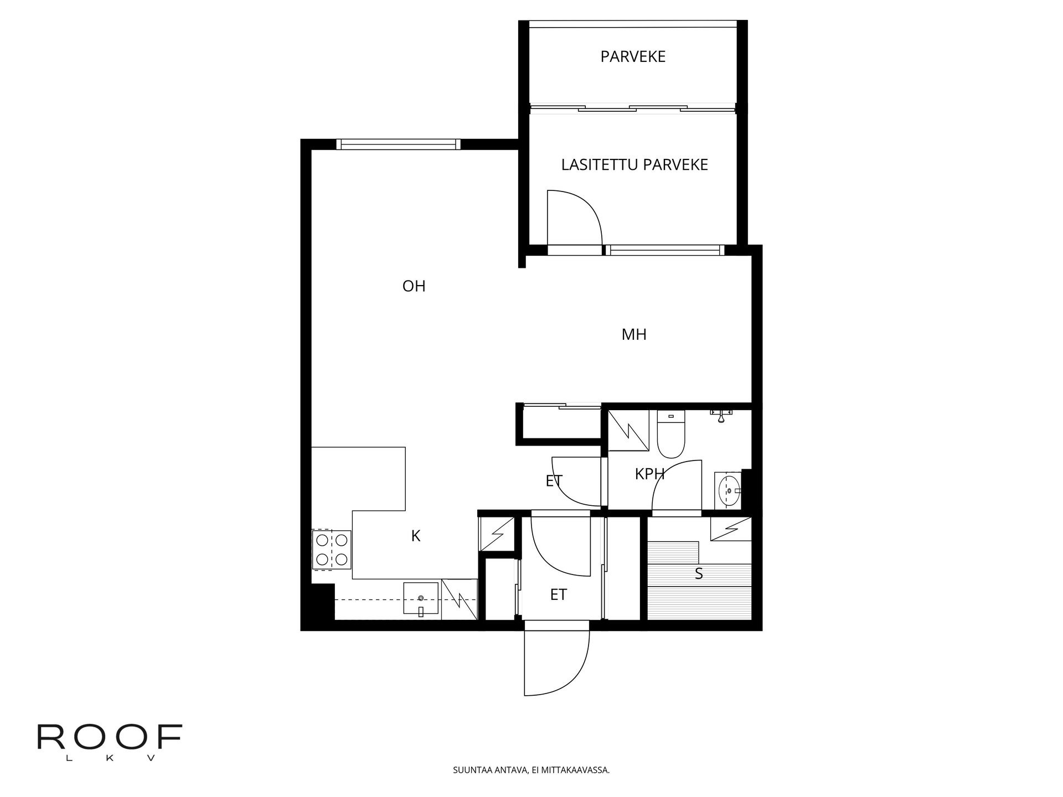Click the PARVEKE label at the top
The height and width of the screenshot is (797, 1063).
(x=633, y=56)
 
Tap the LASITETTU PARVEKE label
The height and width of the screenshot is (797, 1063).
(x=634, y=165)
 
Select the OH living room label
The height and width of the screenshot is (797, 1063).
(x=414, y=286)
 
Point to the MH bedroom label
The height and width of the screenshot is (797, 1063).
(x=634, y=334)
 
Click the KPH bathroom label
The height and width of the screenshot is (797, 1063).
(x=649, y=474)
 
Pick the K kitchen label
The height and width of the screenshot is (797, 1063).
(x=416, y=536)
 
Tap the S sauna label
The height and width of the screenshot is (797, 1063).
(x=699, y=574)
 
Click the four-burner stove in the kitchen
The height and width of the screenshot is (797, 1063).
(x=332, y=550)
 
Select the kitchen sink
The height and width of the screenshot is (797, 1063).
(x=421, y=599)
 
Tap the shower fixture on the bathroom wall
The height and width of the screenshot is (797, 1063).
(x=721, y=415)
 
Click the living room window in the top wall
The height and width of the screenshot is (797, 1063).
(x=399, y=144)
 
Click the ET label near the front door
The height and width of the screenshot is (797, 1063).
(x=558, y=594)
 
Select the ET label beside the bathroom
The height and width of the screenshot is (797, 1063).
(x=554, y=481)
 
